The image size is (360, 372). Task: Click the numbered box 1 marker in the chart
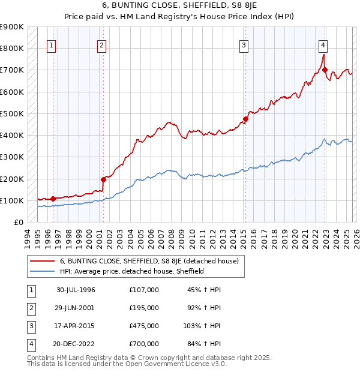(x=51, y=45)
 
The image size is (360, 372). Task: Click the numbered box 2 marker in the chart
(x=102, y=45)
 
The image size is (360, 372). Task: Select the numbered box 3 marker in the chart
(x=244, y=45)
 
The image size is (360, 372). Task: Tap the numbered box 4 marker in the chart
(x=323, y=45)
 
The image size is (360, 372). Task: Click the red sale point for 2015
(x=245, y=119)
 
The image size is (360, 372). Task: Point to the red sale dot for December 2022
(x=325, y=70)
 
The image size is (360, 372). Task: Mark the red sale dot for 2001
(x=103, y=179)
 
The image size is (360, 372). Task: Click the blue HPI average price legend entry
(x=132, y=271)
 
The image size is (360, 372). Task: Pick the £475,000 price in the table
(x=143, y=326)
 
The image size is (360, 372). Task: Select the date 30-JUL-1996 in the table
(x=76, y=290)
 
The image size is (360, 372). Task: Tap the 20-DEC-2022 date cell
(x=76, y=344)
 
